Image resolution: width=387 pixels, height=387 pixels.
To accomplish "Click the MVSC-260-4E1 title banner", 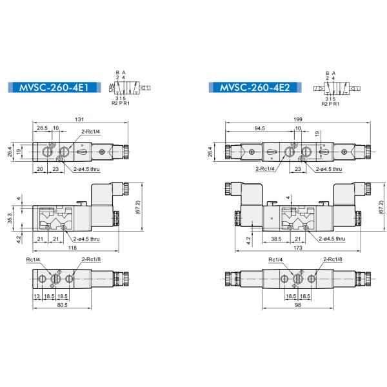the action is pyautogui.click(x=55, y=87).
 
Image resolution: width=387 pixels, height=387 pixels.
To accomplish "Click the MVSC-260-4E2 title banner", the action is pyautogui.click(x=255, y=87).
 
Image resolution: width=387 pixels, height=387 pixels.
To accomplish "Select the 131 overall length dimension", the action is pyautogui.click(x=79, y=119).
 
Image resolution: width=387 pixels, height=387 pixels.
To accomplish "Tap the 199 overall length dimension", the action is pyautogui.click(x=297, y=119).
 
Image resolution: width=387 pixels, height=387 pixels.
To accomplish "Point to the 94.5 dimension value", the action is pyautogui.click(x=260, y=128).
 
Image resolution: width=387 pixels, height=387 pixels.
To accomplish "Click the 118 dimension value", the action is pyautogui.click(x=72, y=248).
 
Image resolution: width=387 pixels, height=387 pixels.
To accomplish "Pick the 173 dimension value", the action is pyautogui.click(x=297, y=248).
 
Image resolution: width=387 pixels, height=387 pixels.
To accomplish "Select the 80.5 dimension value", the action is pyautogui.click(x=62, y=305).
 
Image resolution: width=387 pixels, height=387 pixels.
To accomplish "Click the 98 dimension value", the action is pyautogui.click(x=298, y=305).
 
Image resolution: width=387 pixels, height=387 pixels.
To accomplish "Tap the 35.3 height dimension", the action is pyautogui.click(x=10, y=218).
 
